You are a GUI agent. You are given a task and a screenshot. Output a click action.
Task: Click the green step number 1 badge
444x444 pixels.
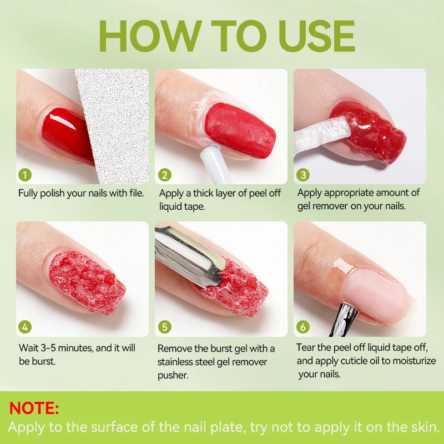25,175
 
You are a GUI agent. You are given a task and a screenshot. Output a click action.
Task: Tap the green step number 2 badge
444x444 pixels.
164,175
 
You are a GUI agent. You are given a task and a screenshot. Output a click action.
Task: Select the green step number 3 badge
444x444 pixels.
303,175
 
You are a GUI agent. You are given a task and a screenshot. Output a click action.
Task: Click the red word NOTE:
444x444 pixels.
34,408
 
